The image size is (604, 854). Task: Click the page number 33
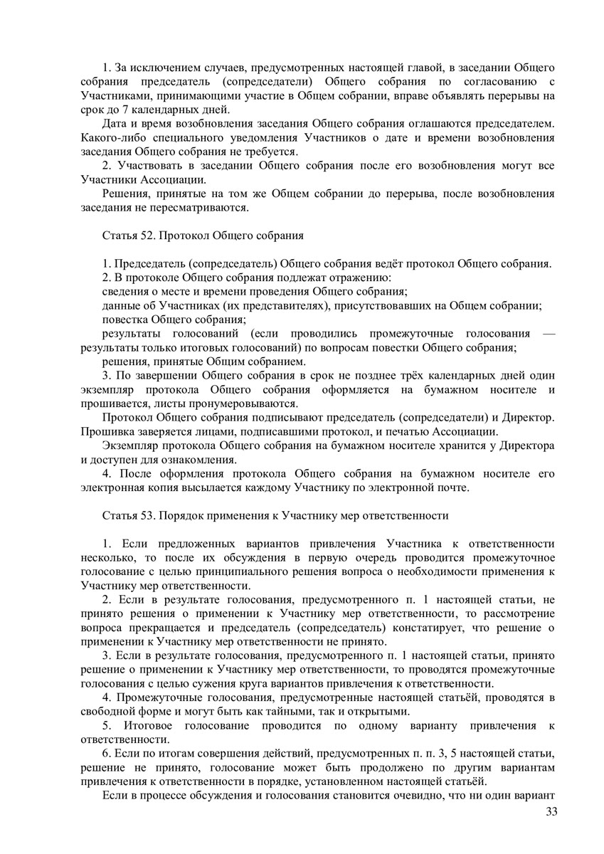point(550,813)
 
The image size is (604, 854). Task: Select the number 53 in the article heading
point(143,515)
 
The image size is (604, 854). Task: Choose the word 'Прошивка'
point(107,431)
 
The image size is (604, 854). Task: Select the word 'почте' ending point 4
point(455,487)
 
